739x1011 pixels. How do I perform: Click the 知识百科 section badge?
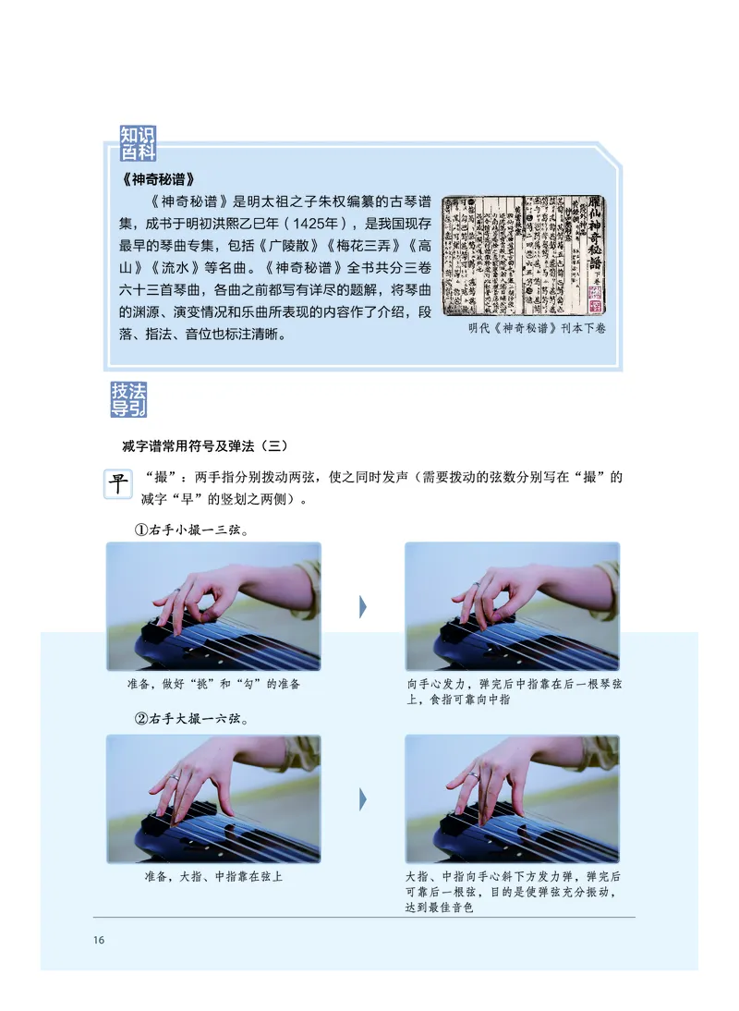tap(138, 144)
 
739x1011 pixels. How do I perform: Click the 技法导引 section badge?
tap(128, 398)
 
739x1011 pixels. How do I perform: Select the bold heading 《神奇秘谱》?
tap(157, 178)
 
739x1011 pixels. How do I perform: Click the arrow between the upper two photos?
tap(363, 607)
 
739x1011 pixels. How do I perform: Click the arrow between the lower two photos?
tap(363, 798)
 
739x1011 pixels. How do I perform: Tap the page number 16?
tap(99, 941)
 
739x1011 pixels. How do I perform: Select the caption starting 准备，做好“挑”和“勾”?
tap(213, 684)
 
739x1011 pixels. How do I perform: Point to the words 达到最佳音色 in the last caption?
tap(440, 909)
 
